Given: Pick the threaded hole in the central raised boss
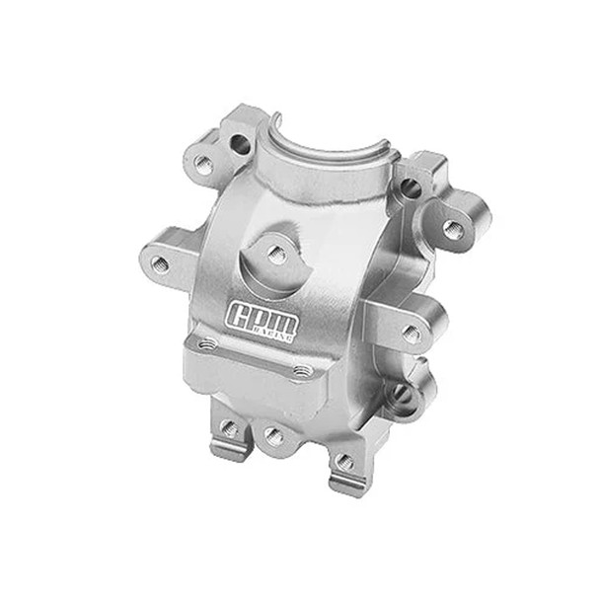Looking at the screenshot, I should tap(277, 255).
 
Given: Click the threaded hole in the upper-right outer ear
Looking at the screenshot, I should tap(452, 229).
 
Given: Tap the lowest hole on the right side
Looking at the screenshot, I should tap(401, 394).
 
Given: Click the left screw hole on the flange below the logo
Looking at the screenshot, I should tap(207, 345).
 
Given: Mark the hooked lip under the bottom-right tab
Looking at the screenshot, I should tap(341, 487).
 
